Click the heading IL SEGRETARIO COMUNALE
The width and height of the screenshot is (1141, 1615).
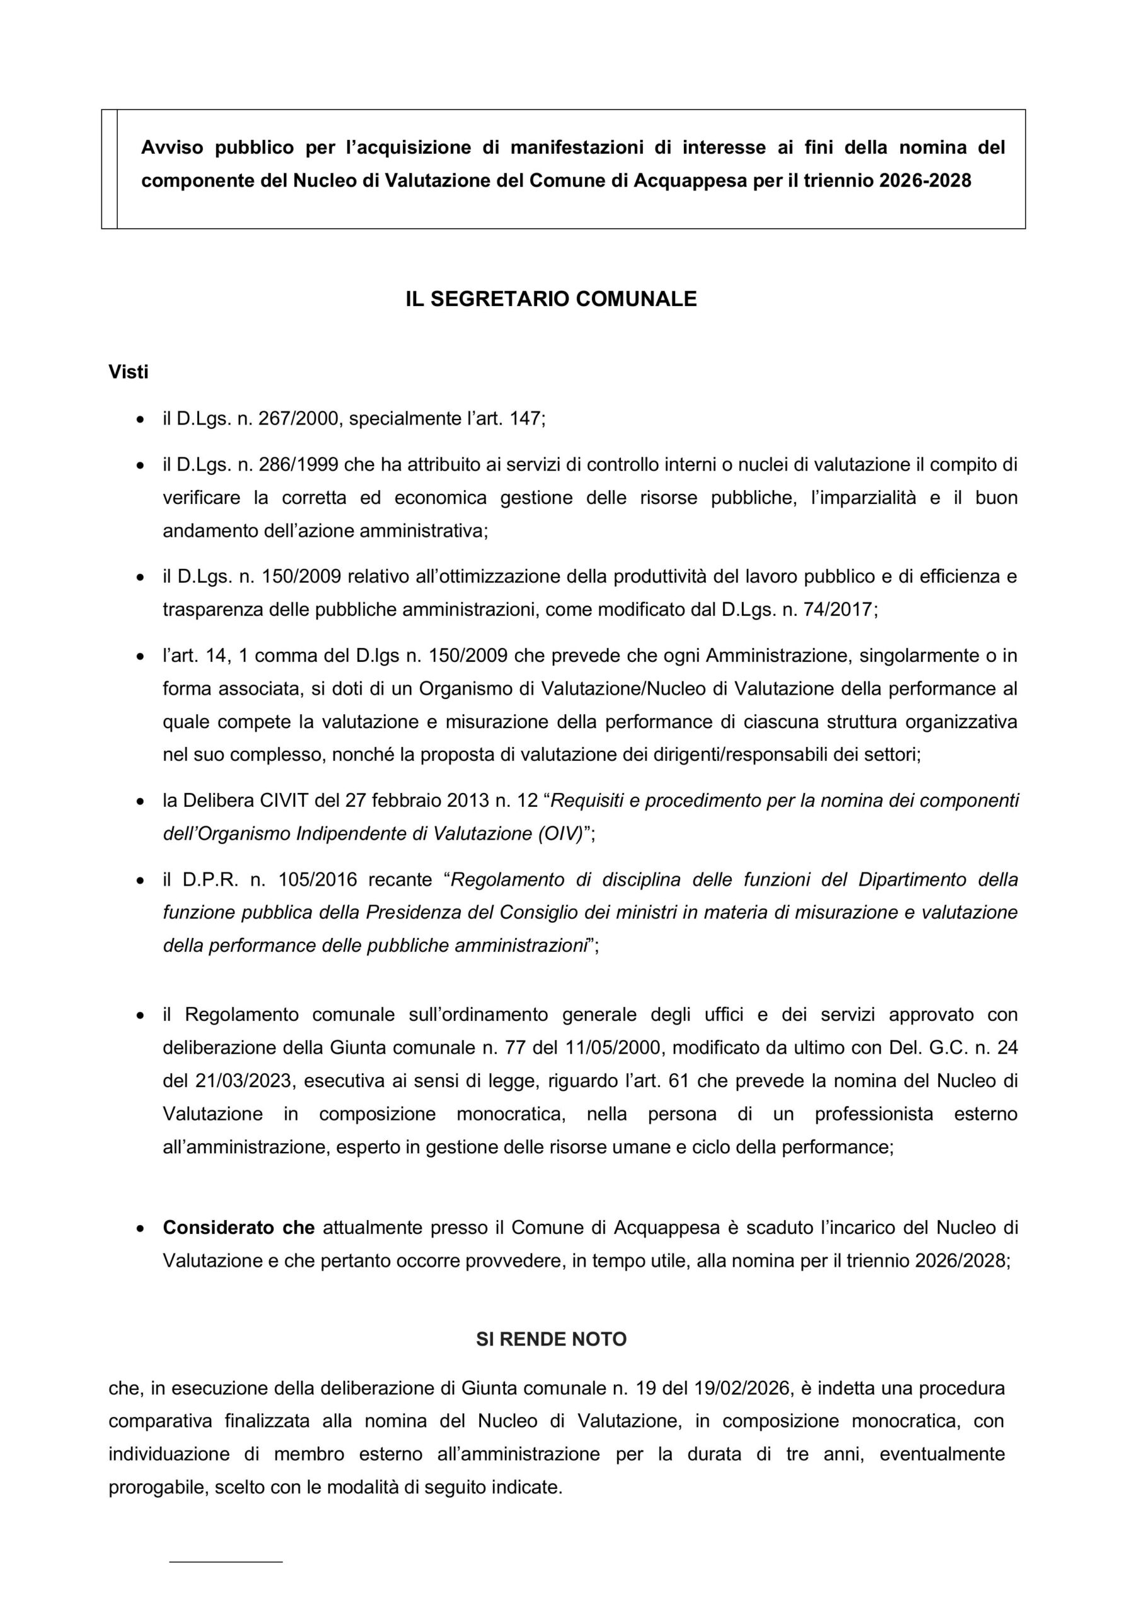550,299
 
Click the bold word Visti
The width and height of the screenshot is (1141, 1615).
129,372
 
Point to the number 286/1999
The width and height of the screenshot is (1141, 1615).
299,465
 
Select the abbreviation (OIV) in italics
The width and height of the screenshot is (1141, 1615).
560,833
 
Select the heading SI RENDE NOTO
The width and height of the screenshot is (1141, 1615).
551,1339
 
